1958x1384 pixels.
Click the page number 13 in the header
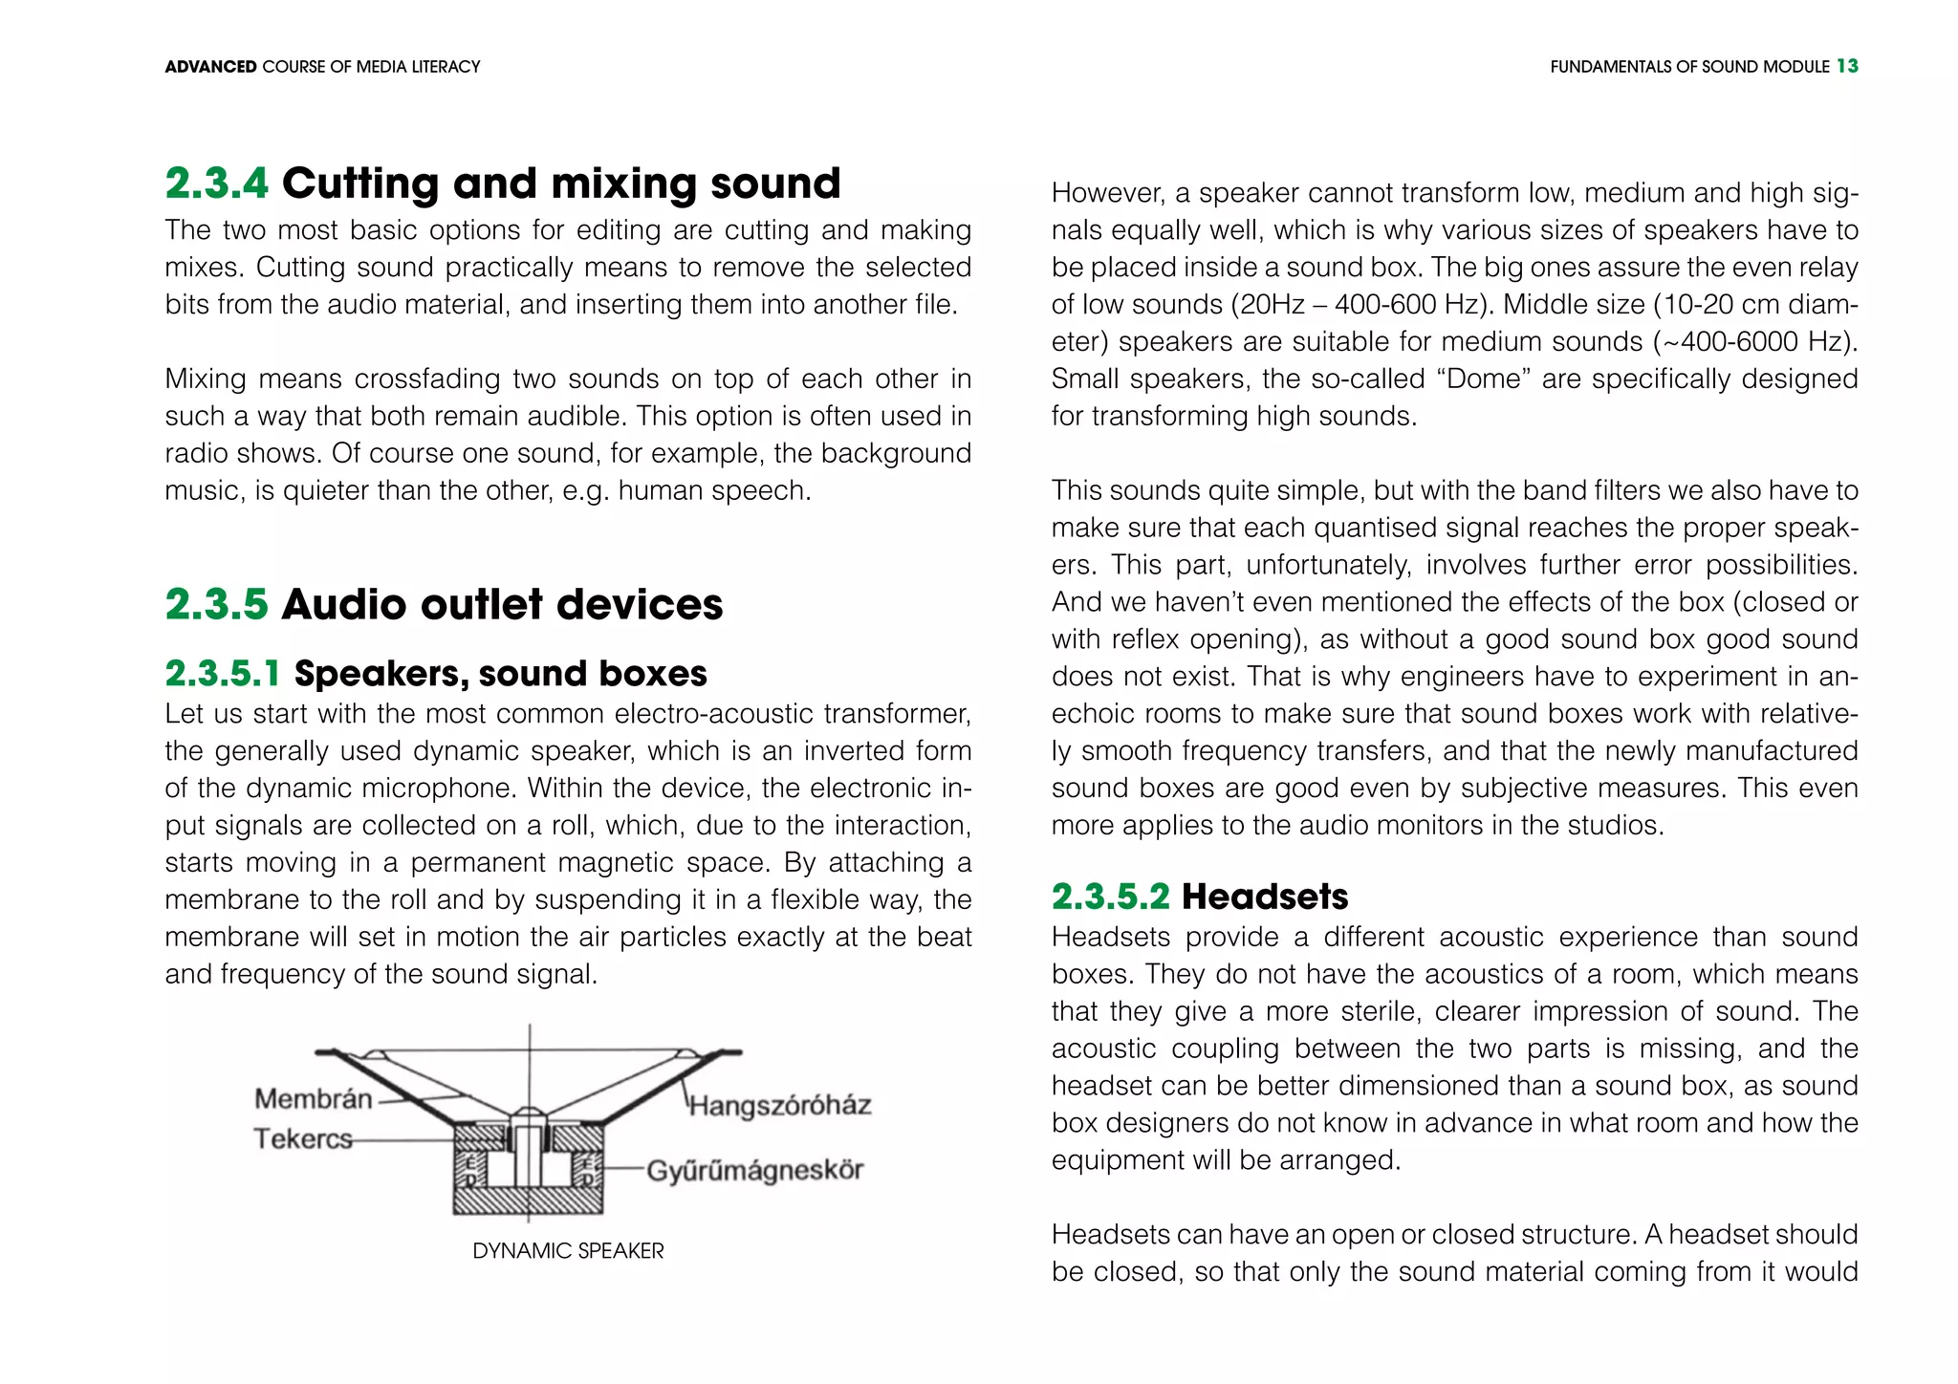pyautogui.click(x=1847, y=66)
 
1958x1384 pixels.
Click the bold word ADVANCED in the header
pyautogui.click(x=210, y=67)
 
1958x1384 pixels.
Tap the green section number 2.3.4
pyautogui.click(x=217, y=184)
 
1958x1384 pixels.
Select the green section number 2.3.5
pyautogui.click(x=217, y=604)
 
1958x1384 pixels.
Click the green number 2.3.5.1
pyautogui.click(x=223, y=674)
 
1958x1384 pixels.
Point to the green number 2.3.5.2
pyautogui.click(x=1110, y=897)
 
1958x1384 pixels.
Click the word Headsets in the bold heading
pyautogui.click(x=1265, y=897)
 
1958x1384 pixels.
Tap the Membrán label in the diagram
pyautogui.click(x=313, y=1098)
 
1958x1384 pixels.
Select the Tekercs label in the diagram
pyautogui.click(x=302, y=1138)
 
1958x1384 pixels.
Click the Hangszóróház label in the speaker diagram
pyautogui.click(x=780, y=1106)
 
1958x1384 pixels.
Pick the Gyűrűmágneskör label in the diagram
pyautogui.click(x=755, y=1170)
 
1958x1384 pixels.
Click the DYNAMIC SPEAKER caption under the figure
pyautogui.click(x=568, y=1251)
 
